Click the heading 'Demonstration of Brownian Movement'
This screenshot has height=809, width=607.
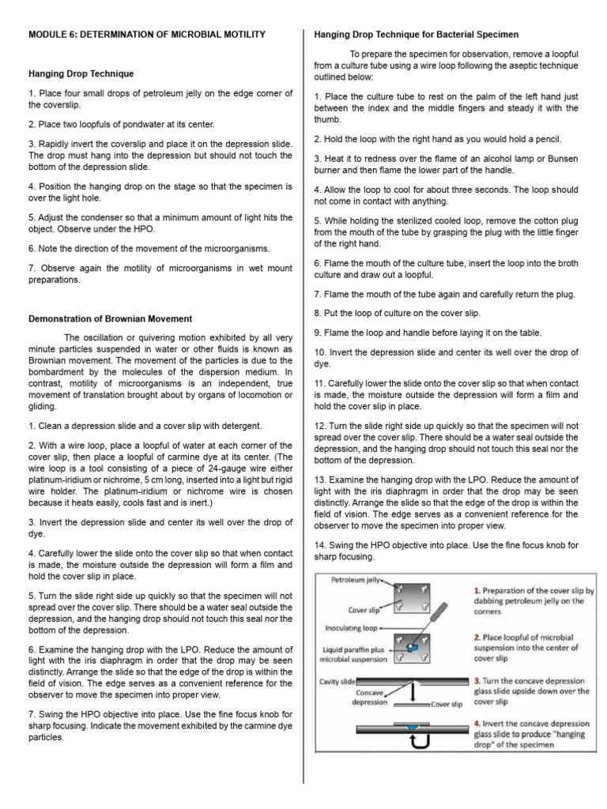pos(110,319)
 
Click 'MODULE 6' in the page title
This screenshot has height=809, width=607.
pos(51,35)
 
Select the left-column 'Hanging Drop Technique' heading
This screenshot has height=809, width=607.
pos(81,73)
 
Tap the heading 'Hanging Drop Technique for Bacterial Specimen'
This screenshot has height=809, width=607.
pos(417,35)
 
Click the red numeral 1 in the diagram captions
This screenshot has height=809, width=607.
pos(477,590)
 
